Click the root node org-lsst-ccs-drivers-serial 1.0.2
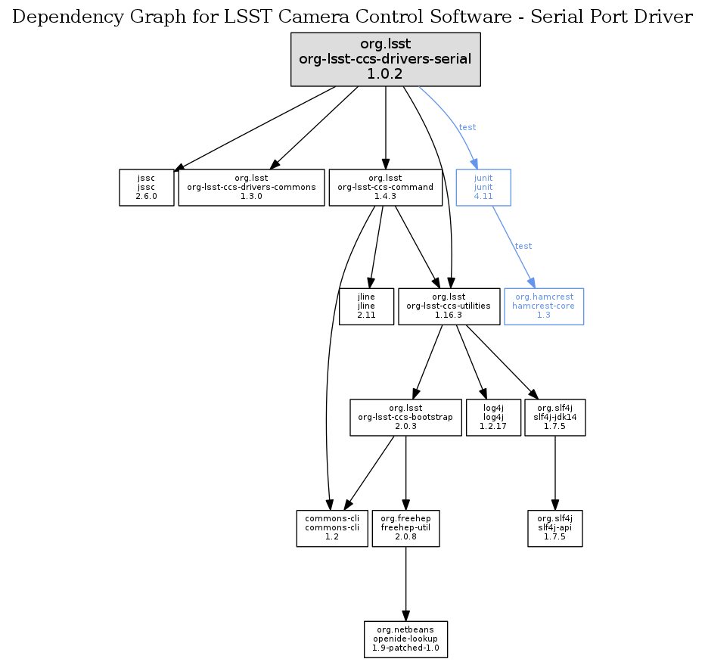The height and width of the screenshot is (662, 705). [386, 59]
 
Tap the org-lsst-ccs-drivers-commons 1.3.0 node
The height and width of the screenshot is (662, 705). [251, 188]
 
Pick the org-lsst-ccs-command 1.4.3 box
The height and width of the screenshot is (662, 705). [386, 188]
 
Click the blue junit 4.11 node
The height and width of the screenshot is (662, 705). [483, 188]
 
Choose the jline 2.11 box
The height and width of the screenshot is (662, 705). [367, 306]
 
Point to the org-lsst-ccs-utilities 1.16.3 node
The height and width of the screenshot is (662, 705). [449, 306]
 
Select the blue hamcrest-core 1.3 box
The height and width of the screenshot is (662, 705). [544, 306]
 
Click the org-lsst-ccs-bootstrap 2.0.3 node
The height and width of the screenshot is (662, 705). [406, 418]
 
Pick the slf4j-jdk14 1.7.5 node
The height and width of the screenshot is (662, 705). [555, 418]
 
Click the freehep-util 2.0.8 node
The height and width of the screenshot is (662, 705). [406, 528]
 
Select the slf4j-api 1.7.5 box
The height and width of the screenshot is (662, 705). [555, 528]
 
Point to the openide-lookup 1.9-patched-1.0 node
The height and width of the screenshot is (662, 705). [406, 639]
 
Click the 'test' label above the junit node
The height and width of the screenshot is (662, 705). [467, 127]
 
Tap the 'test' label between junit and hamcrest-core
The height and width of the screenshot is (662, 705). [523, 246]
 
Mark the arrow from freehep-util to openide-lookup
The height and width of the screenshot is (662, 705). [406, 583]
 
